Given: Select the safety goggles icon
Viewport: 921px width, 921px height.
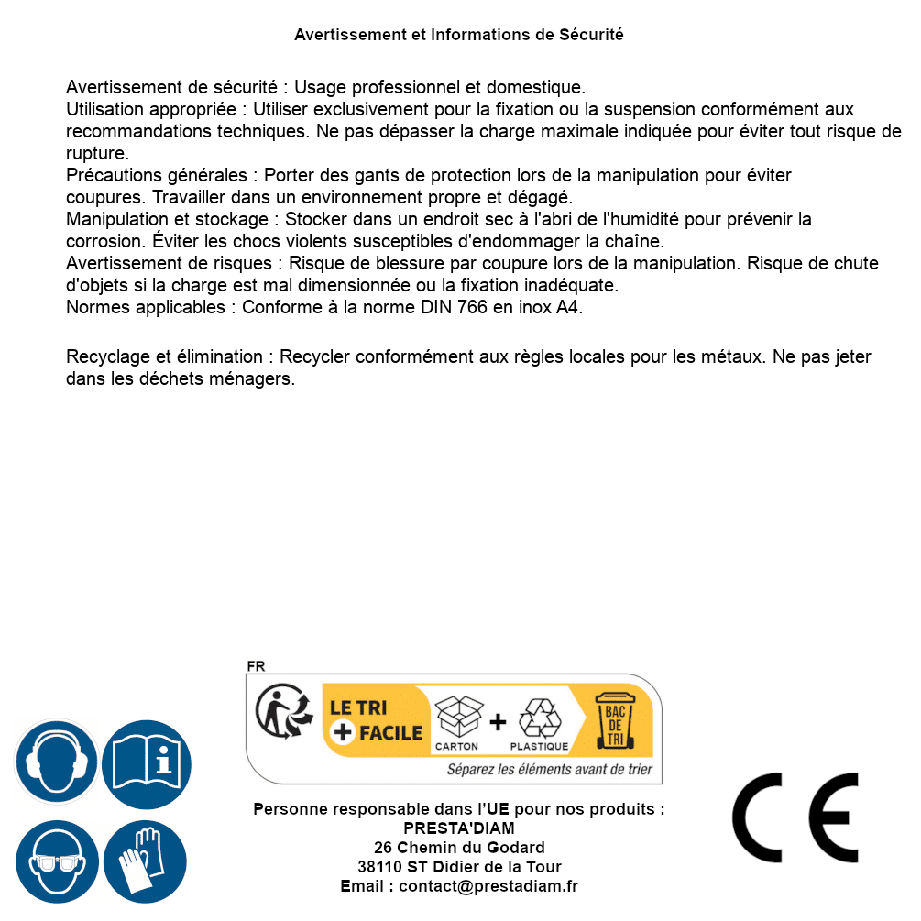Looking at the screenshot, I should [56, 861].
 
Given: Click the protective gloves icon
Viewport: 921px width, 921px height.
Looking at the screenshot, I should [145, 861].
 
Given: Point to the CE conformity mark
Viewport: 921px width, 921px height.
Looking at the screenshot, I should [795, 817].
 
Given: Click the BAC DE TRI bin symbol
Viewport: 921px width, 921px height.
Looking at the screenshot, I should [615, 720].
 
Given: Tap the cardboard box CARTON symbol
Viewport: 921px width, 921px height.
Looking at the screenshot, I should [457, 722].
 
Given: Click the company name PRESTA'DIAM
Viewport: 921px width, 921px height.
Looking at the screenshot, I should [459, 828].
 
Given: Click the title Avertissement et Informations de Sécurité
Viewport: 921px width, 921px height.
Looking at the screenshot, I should [459, 35].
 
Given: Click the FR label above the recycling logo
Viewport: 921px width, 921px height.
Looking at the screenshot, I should [256, 667].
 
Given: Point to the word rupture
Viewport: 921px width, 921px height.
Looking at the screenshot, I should [97, 154].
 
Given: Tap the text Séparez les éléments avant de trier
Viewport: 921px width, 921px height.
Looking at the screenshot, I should [549, 770].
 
